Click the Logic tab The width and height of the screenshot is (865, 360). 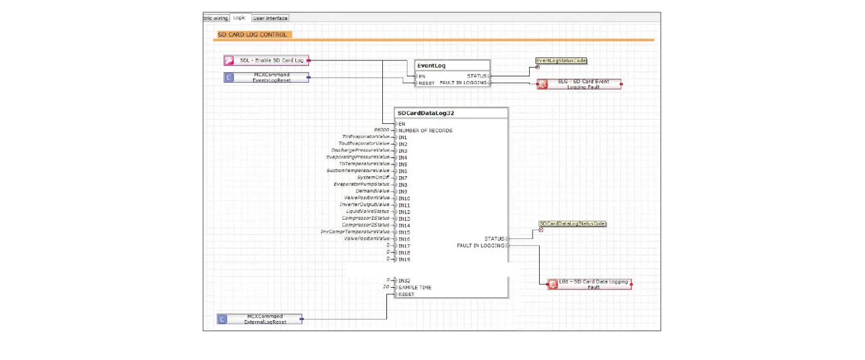(x=240, y=18)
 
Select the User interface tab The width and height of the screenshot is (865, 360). (x=271, y=18)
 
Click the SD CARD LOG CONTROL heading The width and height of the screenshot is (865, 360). (x=253, y=35)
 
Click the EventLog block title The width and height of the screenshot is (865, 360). (x=432, y=66)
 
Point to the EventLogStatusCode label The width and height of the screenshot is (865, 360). (x=561, y=60)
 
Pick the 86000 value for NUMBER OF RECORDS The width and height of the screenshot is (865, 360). (x=382, y=130)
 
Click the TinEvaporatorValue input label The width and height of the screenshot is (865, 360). (x=366, y=137)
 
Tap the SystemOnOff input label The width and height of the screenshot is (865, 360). (x=373, y=177)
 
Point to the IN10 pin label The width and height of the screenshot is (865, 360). (x=404, y=198)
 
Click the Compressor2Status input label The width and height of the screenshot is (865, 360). (x=366, y=225)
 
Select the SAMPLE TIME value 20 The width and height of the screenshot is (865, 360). (x=386, y=287)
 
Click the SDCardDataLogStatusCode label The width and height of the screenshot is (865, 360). (x=573, y=224)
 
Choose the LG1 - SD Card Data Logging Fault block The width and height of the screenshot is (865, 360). (x=590, y=284)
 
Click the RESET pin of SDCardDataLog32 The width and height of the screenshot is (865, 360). (x=406, y=294)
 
